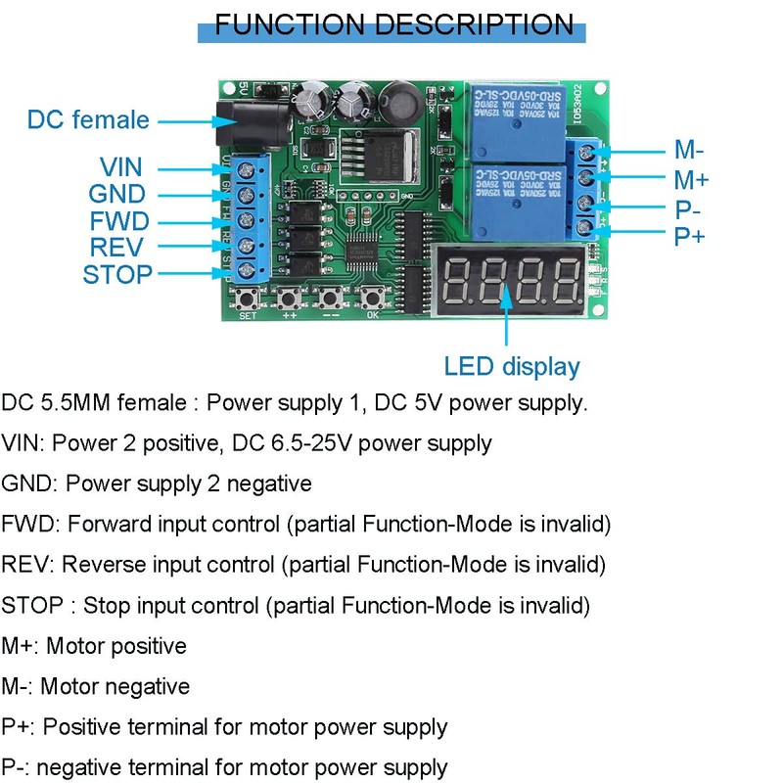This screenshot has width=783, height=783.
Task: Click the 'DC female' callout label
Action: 88,120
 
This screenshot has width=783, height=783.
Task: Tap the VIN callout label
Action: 120,168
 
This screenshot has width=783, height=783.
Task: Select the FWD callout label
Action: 118,221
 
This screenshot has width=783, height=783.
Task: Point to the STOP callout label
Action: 117,274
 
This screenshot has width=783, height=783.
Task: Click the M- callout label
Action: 689,151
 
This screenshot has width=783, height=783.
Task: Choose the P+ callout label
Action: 690,236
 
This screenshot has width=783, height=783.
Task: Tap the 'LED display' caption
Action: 512,367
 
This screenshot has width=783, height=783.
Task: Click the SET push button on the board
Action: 248,296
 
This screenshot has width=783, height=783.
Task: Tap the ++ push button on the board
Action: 290,296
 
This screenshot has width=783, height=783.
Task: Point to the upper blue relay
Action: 516,119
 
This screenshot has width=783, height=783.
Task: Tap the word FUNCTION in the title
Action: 295,24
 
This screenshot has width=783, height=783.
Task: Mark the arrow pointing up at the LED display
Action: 507,323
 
